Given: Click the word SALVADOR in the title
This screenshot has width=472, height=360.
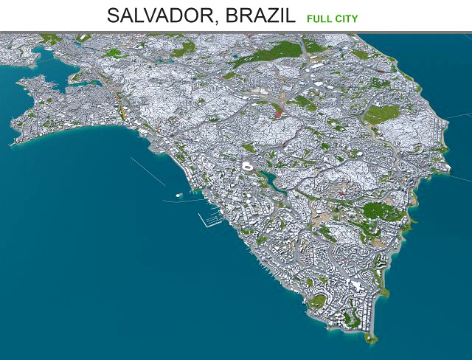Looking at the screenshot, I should (158, 15).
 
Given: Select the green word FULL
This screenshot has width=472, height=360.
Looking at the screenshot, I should (318, 18).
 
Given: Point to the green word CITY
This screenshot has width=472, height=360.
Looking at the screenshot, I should (347, 18).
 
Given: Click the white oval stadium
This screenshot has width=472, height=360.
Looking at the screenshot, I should (247, 168).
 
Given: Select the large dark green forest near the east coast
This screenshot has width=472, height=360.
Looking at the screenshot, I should (383, 212).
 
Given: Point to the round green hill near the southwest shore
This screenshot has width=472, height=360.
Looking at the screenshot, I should (318, 301).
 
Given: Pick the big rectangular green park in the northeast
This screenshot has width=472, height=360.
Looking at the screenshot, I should (381, 114).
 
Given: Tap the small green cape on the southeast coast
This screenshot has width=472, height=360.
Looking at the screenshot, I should (383, 293).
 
